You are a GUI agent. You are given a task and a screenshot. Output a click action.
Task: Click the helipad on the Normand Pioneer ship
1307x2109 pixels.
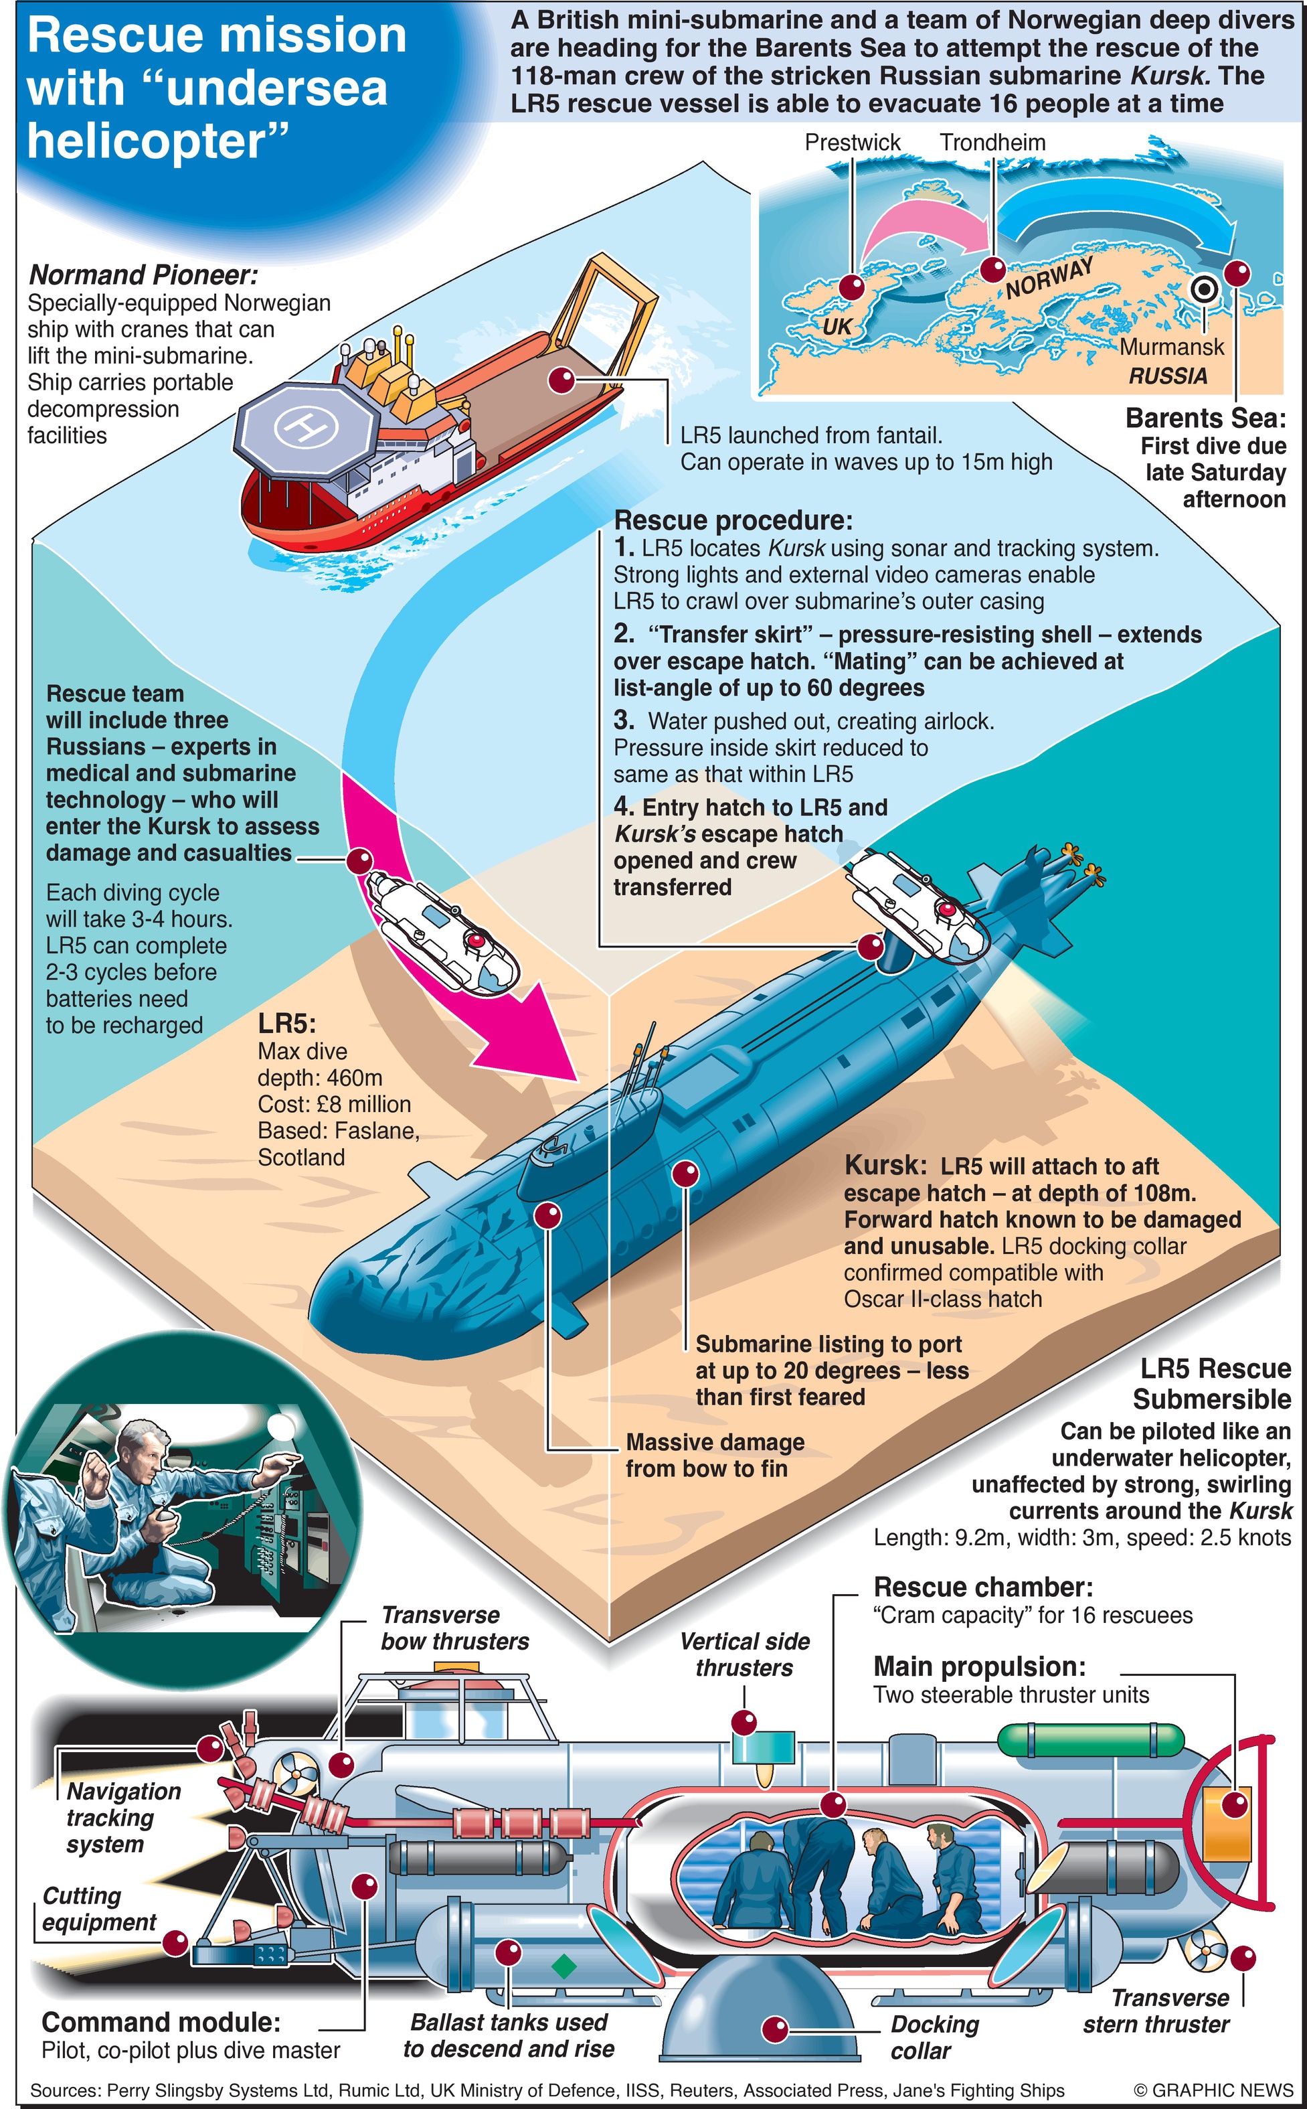(x=307, y=425)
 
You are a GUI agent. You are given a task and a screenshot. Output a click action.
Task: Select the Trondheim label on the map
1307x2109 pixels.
(x=992, y=143)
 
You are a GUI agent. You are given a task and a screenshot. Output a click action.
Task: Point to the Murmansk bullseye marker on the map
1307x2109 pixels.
(x=1203, y=289)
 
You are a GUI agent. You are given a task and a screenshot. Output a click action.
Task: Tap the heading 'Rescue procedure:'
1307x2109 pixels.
(x=733, y=520)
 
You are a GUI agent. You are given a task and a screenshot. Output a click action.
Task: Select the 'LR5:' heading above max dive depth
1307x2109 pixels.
(x=287, y=1024)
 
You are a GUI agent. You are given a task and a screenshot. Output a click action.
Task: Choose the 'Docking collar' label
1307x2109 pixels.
(x=934, y=2037)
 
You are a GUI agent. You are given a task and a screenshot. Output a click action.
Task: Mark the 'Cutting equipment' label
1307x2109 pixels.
(x=98, y=1909)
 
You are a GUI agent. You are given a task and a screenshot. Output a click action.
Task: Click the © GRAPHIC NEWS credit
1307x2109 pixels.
(x=1213, y=2090)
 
